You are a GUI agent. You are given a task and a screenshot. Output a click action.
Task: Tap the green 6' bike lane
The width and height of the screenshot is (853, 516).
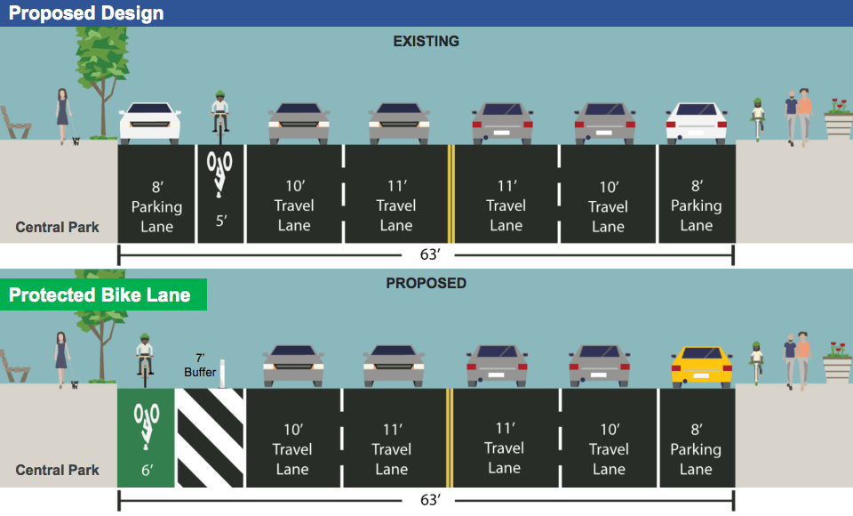147,438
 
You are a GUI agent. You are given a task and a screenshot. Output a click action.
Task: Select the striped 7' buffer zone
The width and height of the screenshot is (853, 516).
211,438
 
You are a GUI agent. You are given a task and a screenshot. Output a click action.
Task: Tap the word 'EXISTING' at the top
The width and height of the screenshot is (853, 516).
426,41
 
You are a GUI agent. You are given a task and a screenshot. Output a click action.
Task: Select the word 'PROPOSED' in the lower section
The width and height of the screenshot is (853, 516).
426,284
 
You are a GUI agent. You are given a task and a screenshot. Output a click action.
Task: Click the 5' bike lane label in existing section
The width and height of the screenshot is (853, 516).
220,219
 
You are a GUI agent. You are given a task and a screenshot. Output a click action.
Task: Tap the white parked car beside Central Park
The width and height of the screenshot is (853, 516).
150,123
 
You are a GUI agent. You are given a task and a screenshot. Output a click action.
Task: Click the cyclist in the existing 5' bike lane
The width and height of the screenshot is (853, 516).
220,116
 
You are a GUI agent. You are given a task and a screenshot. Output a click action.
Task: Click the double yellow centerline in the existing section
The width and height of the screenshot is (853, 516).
450,194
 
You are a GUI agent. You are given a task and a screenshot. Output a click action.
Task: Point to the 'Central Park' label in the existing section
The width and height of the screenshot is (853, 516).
58,227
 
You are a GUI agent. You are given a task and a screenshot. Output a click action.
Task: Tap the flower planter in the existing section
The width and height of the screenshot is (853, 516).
837,121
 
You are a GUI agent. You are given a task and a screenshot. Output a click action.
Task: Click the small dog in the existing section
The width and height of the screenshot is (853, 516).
76,140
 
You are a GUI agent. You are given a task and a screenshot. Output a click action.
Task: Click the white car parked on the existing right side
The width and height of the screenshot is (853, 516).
698,123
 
